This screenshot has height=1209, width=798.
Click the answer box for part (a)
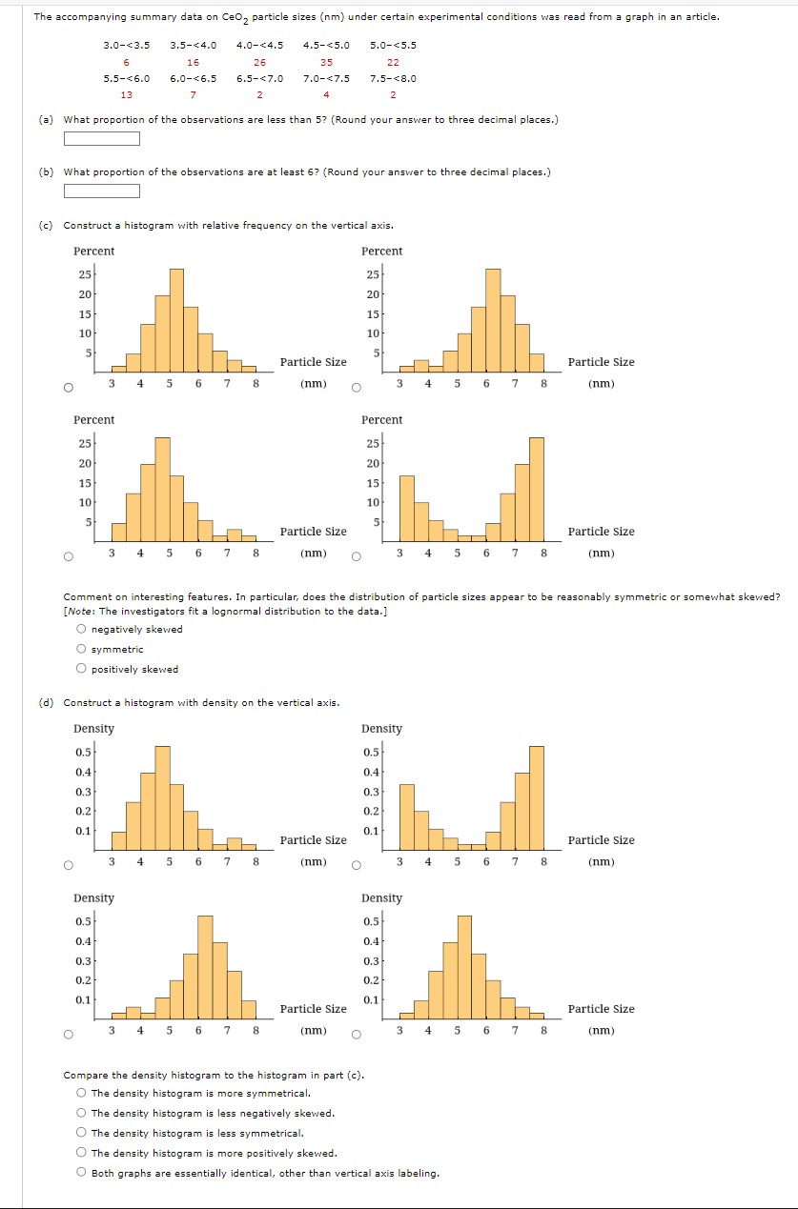pyautogui.click(x=102, y=139)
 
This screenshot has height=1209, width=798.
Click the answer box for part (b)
pyautogui.click(x=102, y=191)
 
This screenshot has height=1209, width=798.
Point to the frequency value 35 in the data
pyautogui.click(x=326, y=62)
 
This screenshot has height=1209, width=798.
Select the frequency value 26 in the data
pyautogui.click(x=259, y=62)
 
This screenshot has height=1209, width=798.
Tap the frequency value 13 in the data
pyautogui.click(x=126, y=94)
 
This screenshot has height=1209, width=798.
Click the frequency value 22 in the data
pyautogui.click(x=393, y=62)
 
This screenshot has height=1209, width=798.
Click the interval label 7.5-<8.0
pyautogui.click(x=393, y=79)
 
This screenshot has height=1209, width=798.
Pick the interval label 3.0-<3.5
pyautogui.click(x=126, y=45)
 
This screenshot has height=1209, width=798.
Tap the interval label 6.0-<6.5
pyautogui.click(x=193, y=79)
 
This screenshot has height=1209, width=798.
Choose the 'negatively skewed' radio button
pyautogui.click(x=82, y=629)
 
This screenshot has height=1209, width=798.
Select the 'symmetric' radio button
pyautogui.click(x=82, y=649)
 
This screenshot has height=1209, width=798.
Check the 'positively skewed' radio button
pyautogui.click(x=82, y=669)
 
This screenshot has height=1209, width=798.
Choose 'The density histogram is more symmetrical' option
pyautogui.click(x=82, y=1093)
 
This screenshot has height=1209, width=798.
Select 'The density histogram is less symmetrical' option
pyautogui.click(x=82, y=1133)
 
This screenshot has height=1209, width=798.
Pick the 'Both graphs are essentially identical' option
pyautogui.click(x=82, y=1173)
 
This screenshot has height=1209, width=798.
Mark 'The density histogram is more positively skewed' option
pyautogui.click(x=82, y=1153)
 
